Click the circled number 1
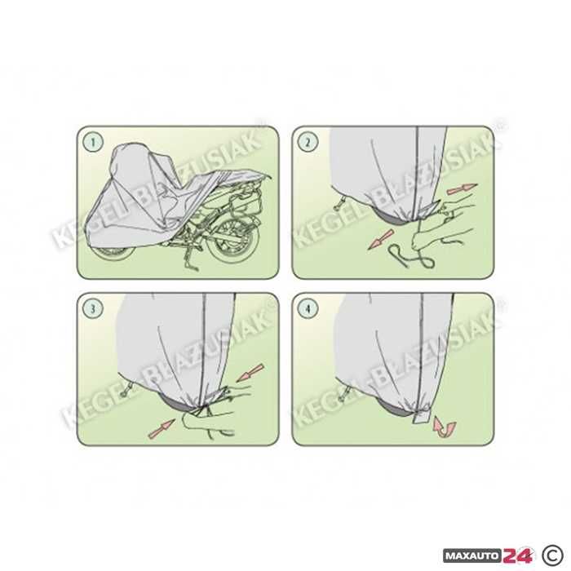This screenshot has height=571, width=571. tap(92, 142)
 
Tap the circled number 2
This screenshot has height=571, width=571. tap(308, 142)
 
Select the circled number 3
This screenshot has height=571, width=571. tap(92, 308)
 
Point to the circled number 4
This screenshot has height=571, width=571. tap(308, 308)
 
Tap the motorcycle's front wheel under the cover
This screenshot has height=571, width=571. tap(113, 253)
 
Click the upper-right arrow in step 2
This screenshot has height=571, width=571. tap(462, 189)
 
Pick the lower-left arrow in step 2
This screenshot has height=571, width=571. tap(381, 239)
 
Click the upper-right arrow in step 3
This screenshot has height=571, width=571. tap(250, 373)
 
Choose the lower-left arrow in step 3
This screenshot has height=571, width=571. tap(162, 428)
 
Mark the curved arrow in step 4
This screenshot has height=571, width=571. tap(445, 428)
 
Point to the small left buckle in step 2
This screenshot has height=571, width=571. tap(338, 204)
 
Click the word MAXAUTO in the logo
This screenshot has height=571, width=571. tap(473, 556)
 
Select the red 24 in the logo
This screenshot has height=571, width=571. tap(518, 556)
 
